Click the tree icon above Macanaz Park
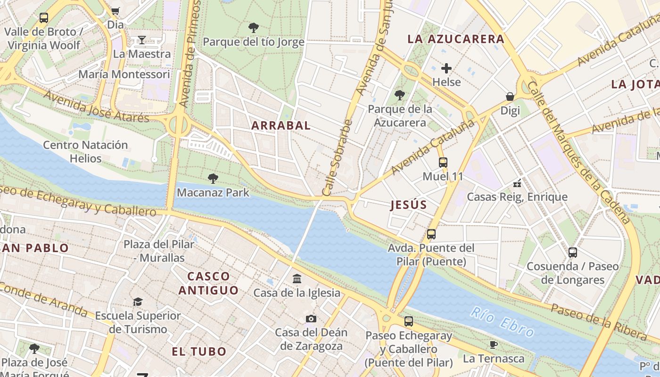click(x=213, y=178)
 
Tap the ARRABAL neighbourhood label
click(x=281, y=125)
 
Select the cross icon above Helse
click(x=446, y=68)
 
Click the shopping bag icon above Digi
click(x=510, y=97)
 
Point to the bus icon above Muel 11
click(x=443, y=163)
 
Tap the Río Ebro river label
click(x=502, y=322)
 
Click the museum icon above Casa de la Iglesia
click(x=297, y=279)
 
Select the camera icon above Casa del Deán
click(x=311, y=319)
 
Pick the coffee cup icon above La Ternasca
click(x=493, y=344)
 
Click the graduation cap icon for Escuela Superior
click(x=138, y=302)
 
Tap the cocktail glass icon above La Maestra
click(x=141, y=40)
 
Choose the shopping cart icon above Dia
click(x=115, y=10)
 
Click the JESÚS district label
click(x=409, y=205)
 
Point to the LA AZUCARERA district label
click(x=456, y=39)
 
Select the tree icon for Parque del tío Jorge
click(x=254, y=28)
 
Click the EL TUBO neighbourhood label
click(x=199, y=352)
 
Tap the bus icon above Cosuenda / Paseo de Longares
click(x=572, y=252)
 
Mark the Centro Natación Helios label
click(x=85, y=151)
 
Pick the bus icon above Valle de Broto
click(x=43, y=18)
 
